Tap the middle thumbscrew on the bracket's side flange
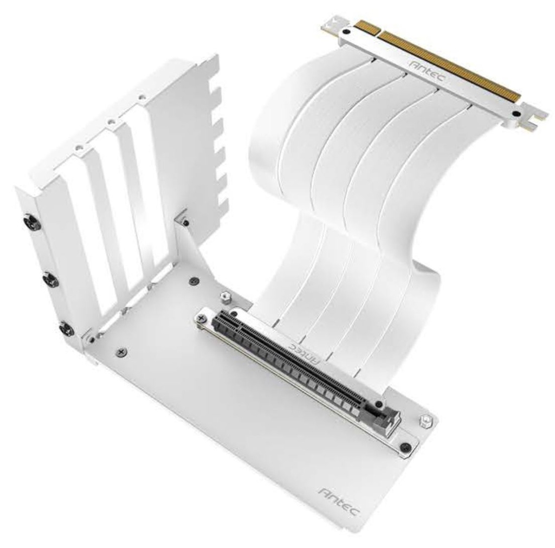[50, 280]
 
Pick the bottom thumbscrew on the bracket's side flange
[66, 328]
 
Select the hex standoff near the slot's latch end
[427, 419]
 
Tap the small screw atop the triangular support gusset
[186, 222]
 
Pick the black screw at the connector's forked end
[516, 114]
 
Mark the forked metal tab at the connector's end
[533, 119]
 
